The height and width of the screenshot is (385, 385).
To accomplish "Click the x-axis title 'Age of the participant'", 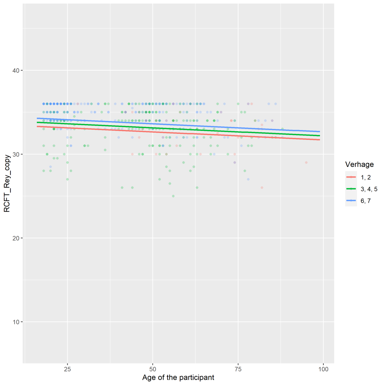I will [x=178, y=377].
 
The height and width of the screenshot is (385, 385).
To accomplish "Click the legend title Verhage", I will [x=359, y=165].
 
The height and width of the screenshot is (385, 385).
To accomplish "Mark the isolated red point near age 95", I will [x=306, y=162].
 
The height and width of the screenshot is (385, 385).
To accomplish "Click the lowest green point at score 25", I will [x=173, y=196].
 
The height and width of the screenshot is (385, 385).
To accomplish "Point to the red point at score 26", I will [x=262, y=187].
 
